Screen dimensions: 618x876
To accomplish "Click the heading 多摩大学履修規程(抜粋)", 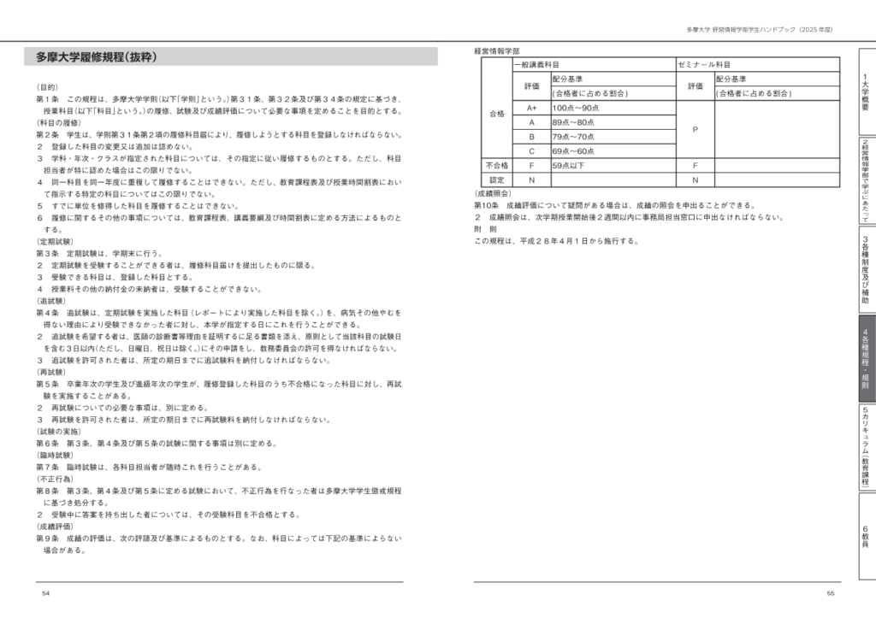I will (x=95, y=57).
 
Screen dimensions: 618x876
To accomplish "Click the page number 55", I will (x=830, y=593).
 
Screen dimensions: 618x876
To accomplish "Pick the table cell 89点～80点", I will (x=572, y=122).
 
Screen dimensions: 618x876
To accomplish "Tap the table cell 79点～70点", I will (x=572, y=137).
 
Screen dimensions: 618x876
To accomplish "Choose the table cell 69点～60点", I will (x=572, y=151).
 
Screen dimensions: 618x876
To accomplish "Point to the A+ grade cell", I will (x=531, y=108).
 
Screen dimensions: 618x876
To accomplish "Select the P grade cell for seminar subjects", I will (x=695, y=129).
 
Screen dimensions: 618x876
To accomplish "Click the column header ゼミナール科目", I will (x=704, y=64).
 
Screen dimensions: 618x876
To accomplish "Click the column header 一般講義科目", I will (x=537, y=64).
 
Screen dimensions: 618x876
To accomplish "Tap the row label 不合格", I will (x=496, y=166).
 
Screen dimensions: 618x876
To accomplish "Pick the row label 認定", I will (x=496, y=180).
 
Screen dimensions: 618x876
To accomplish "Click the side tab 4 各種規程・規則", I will (x=866, y=358).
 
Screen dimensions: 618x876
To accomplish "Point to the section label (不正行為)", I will (x=56, y=480).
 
